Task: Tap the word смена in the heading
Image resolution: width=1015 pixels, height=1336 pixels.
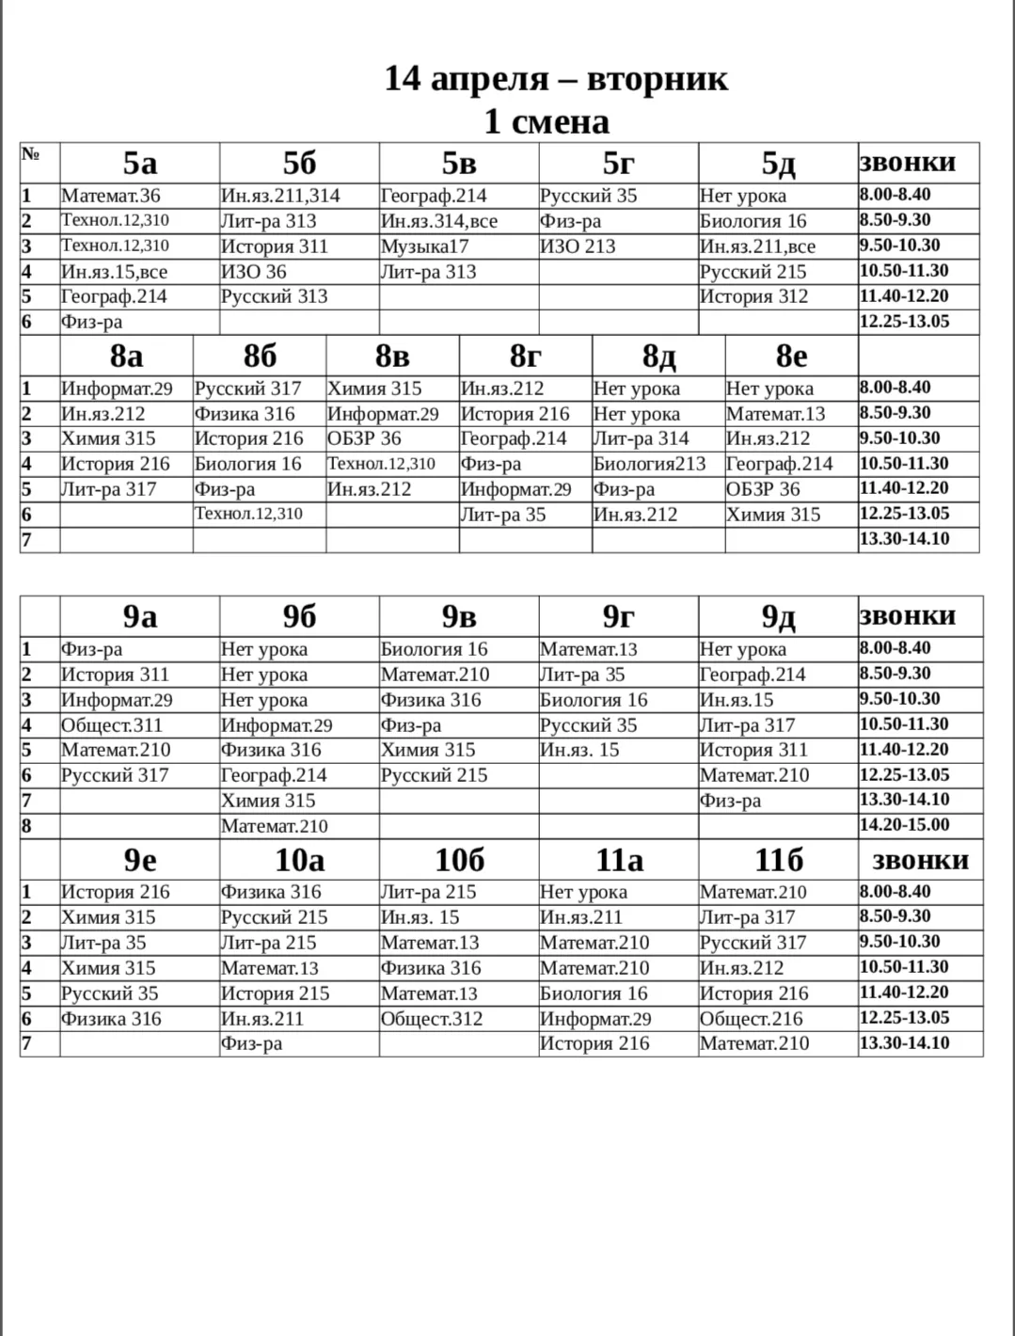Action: pos(560,121)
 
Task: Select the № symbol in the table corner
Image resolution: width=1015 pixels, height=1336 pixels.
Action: pos(30,153)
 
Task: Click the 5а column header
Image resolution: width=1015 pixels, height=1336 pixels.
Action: pos(139,164)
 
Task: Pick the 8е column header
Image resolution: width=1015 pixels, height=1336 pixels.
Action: pos(791,357)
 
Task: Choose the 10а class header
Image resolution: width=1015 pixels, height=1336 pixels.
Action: pos(299,860)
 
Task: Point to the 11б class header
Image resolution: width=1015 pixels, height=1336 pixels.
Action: pos(778,860)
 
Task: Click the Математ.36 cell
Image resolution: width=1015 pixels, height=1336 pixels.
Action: pos(111,196)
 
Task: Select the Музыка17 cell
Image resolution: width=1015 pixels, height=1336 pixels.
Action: pos(424,247)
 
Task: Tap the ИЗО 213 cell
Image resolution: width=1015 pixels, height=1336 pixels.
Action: pos(578,247)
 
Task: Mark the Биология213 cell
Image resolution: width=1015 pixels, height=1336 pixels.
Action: pos(649,464)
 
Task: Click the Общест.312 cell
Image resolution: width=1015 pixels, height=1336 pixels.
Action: pos(432,1019)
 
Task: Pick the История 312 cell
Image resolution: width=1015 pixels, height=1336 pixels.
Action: pos(753,296)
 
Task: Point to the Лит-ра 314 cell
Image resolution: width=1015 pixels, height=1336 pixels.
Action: pos(641,438)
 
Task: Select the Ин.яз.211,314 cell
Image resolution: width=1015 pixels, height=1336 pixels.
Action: pos(280,196)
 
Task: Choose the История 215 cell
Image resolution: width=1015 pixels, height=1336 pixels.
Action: pos(275,994)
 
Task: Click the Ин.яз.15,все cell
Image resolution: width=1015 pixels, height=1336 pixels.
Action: pos(114,272)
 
